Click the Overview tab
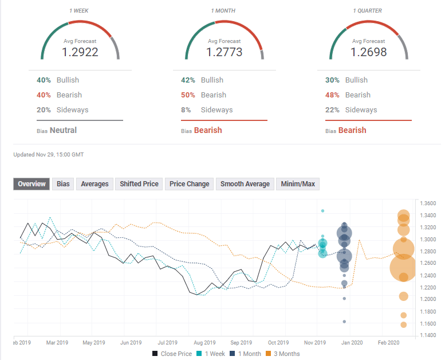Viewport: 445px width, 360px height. pyautogui.click(x=31, y=184)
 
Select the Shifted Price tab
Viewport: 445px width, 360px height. pyautogui.click(x=139, y=184)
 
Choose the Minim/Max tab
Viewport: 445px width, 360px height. pyautogui.click(x=297, y=184)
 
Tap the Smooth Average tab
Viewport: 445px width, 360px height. pyautogui.click(x=245, y=184)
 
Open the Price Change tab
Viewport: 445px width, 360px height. pyautogui.click(x=189, y=184)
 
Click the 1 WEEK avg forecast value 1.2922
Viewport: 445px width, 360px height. pyautogui.click(x=80, y=52)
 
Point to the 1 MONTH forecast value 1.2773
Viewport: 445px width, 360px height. pyautogui.click(x=225, y=52)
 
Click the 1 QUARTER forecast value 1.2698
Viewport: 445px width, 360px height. pyautogui.click(x=369, y=52)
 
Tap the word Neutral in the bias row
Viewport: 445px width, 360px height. pyautogui.click(x=63, y=130)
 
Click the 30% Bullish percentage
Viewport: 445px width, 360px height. pyautogui.click(x=332, y=80)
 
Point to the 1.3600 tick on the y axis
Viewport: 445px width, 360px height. pyautogui.click(x=428, y=204)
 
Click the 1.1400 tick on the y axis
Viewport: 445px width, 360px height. pyautogui.click(x=428, y=335)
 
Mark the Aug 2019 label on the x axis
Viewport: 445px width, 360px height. pyautogui.click(x=204, y=343)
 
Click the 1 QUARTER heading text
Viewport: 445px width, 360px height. pyautogui.click(x=368, y=11)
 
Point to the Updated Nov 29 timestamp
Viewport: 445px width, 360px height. pyautogui.click(x=49, y=155)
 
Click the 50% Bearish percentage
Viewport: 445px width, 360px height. pyautogui.click(x=187, y=95)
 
